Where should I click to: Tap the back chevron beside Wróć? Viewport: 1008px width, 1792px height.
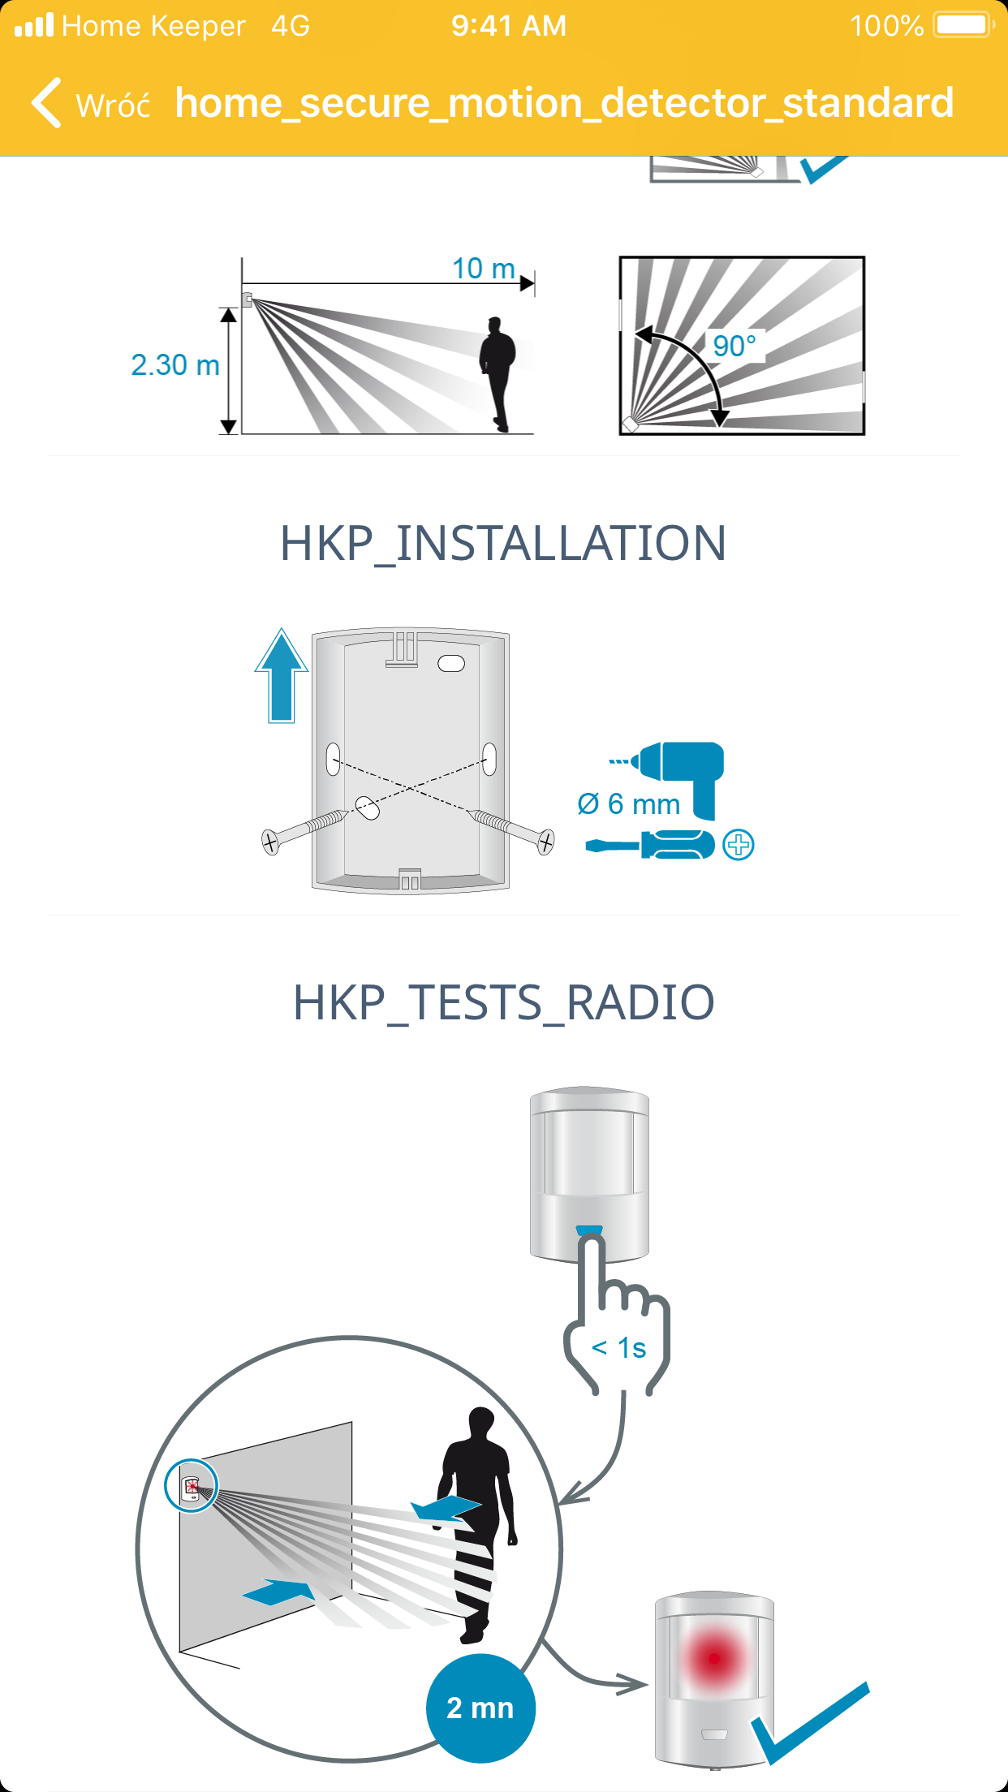[x=46, y=103]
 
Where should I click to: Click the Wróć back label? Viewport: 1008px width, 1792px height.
[x=113, y=105]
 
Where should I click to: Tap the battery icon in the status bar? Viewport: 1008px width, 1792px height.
[x=964, y=25]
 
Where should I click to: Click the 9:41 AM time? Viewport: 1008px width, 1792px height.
[x=509, y=26]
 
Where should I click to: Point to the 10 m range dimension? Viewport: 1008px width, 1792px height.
[x=484, y=269]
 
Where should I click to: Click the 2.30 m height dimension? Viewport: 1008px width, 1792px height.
[x=175, y=365]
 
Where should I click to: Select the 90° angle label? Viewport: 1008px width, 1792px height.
[x=734, y=346]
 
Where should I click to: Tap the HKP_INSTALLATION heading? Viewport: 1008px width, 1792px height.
[x=503, y=543]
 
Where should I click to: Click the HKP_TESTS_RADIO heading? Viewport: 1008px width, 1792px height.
[x=503, y=1002]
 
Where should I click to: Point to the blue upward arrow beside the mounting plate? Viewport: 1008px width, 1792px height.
[x=282, y=675]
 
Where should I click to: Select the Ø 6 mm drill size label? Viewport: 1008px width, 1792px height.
[x=629, y=804]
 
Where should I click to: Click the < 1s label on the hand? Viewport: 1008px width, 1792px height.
[x=619, y=1348]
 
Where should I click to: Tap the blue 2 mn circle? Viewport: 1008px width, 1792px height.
[x=480, y=1708]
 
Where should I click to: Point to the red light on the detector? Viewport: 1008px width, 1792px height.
[x=714, y=1658]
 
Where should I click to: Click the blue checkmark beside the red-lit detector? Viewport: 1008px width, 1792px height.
[x=810, y=1723]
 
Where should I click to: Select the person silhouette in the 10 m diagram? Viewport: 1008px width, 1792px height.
[x=497, y=374]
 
